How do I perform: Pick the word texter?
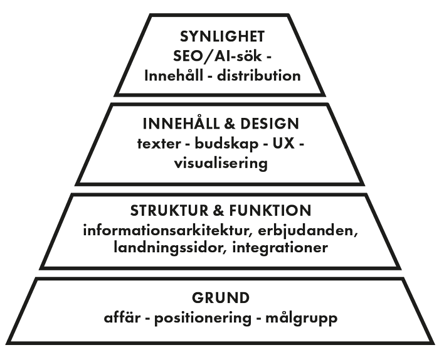157,144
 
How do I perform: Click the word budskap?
221,144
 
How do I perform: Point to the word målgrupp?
302,318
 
